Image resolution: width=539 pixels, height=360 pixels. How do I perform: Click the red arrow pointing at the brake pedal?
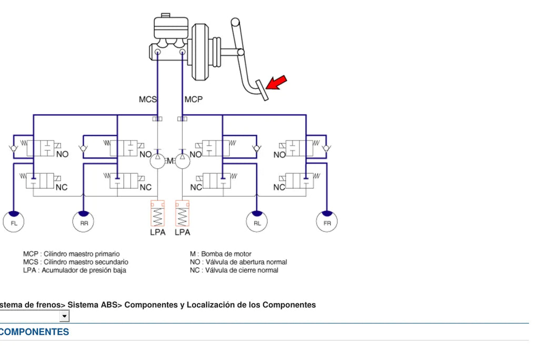click(x=276, y=83)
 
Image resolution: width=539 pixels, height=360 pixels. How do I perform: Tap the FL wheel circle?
click(x=13, y=222)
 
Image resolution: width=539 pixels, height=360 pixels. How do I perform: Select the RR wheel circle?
click(x=84, y=222)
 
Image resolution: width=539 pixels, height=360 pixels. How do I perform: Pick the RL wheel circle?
click(x=257, y=222)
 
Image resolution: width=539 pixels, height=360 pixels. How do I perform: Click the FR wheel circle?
click(x=327, y=222)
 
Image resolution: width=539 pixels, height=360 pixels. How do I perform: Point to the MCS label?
click(x=148, y=99)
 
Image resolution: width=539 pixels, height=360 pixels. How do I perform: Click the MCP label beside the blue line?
click(x=194, y=99)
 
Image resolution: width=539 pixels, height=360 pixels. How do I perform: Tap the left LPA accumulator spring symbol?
click(x=157, y=213)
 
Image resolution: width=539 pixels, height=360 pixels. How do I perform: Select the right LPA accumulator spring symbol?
click(x=182, y=213)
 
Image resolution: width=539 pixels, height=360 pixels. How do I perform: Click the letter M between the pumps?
click(x=170, y=161)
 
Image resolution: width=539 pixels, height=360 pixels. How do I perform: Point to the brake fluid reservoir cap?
click(x=166, y=15)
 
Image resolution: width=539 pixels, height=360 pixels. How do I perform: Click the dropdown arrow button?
click(x=64, y=316)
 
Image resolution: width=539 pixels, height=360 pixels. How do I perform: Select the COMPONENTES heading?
click(x=34, y=332)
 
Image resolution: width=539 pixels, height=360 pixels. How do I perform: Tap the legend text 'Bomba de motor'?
click(x=226, y=254)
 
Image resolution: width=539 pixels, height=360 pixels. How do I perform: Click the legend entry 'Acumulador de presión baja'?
click(x=84, y=270)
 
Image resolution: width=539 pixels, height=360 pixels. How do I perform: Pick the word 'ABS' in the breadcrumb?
click(x=109, y=305)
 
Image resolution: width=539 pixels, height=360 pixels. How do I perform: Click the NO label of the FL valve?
click(x=62, y=154)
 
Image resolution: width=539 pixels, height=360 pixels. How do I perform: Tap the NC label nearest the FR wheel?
click(x=279, y=187)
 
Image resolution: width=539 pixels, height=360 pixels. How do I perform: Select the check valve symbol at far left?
click(x=13, y=148)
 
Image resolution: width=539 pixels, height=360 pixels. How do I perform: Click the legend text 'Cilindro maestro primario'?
click(x=82, y=254)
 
